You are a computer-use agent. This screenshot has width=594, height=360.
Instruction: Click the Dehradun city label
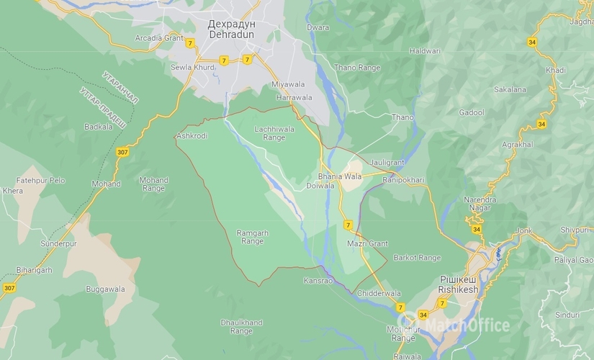pos(231,30)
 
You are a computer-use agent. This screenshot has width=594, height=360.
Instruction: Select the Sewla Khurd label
pos(192,67)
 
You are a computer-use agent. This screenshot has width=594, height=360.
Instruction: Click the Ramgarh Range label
pos(252,237)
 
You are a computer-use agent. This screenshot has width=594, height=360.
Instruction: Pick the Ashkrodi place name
pos(192,135)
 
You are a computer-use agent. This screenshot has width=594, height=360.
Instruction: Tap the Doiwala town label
pos(320,186)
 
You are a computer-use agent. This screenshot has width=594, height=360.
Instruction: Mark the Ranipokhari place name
pos(403,180)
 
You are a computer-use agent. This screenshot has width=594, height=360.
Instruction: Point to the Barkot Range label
pos(417,257)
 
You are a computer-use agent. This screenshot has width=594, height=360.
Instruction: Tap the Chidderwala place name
pos(379,293)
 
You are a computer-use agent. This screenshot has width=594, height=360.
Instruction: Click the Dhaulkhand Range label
pos(241,327)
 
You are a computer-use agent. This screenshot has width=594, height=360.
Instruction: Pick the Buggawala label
pos(105,289)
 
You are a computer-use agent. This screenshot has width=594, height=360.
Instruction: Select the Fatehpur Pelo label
pos(40,180)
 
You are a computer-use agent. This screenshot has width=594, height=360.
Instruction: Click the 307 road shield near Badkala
pos(123,152)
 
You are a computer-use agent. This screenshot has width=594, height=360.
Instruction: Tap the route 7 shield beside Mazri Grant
pos(348,225)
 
